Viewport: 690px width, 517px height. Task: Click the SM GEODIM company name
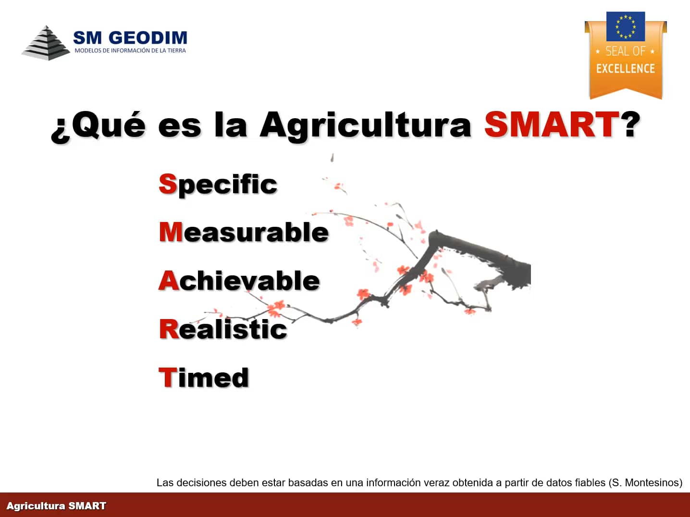(130, 37)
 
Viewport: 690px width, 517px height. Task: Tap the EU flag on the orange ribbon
(626, 26)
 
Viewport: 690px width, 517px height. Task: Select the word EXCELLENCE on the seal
(626, 69)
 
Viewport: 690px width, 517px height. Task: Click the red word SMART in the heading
(552, 125)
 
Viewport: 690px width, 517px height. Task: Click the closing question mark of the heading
(631, 124)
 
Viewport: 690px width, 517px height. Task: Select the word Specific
(218, 185)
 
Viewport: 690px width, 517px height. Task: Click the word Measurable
(244, 232)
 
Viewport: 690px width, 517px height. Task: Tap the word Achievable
(239, 280)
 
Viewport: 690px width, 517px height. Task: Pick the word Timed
(204, 377)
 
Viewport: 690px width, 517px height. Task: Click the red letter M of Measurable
(171, 232)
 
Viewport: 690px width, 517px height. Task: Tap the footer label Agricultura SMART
(56, 506)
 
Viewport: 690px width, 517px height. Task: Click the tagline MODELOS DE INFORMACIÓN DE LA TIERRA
(130, 50)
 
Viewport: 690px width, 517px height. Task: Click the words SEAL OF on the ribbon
(626, 51)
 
